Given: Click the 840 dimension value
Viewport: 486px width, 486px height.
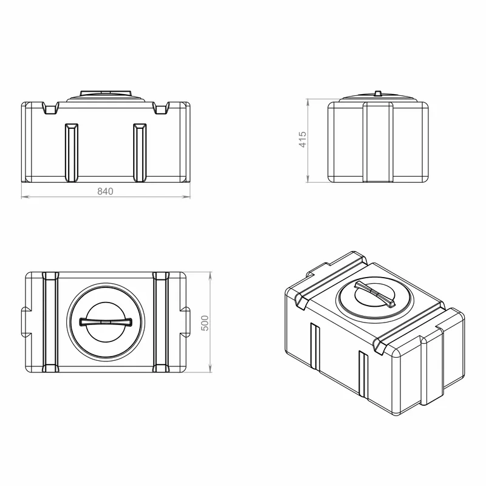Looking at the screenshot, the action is click(105, 191).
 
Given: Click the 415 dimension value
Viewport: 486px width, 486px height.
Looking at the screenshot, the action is click(303, 140).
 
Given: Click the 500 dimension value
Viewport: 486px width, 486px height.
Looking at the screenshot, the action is click(205, 323).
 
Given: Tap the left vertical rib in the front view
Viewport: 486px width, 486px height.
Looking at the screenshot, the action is click(71, 153).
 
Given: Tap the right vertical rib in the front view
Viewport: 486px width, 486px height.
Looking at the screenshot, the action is click(140, 153).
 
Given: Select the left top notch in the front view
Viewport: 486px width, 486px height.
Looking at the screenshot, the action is click(50, 108).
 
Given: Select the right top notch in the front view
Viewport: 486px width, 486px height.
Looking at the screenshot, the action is click(161, 108).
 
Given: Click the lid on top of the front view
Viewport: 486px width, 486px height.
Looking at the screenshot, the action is click(106, 96).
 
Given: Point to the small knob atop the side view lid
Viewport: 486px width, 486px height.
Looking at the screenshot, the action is click(378, 94).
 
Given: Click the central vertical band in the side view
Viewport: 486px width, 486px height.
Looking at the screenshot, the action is click(378, 142).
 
